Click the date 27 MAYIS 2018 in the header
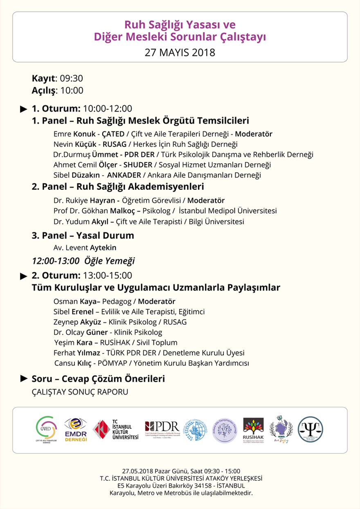tap(180, 53)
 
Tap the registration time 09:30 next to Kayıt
tap(72, 79)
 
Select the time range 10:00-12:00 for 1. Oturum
tap(107, 109)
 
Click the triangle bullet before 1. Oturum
tap(24, 109)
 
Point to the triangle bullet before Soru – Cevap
tap(24, 379)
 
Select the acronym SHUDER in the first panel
tap(138, 165)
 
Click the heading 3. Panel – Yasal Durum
tap(83, 236)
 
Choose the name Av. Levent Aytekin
tap(85, 248)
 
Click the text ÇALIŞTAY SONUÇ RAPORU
tap(80, 392)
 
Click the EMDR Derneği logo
tap(76, 430)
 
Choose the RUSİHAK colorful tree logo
tap(253, 430)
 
